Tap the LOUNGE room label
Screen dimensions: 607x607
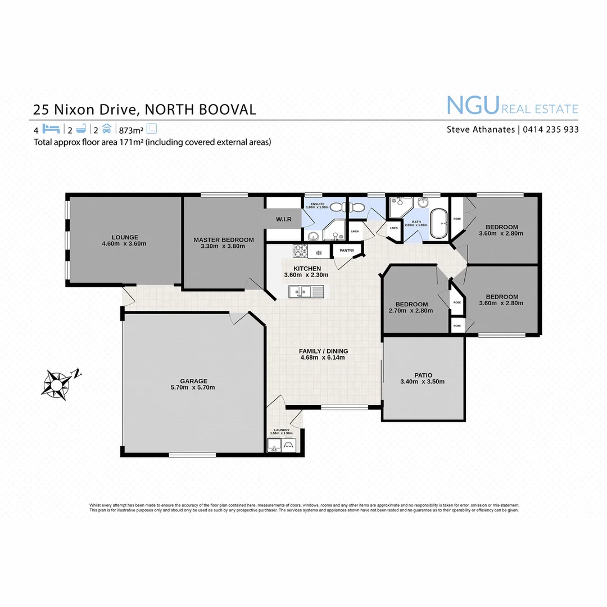click(124, 237)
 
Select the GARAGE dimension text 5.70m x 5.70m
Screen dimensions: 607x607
click(193, 387)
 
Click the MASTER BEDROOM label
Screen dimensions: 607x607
click(223, 239)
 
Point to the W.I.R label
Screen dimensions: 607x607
click(283, 219)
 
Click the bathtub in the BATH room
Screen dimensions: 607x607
click(437, 224)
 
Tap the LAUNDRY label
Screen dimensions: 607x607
click(281, 430)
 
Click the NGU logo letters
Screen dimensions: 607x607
click(473, 105)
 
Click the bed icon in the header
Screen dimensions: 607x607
click(51, 128)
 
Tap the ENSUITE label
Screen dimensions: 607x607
click(314, 203)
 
